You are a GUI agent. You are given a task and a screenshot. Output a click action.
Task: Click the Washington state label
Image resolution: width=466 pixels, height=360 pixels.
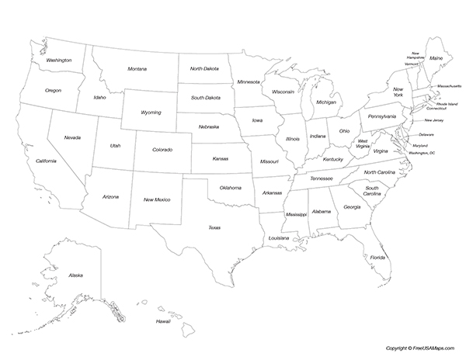(x=59, y=60)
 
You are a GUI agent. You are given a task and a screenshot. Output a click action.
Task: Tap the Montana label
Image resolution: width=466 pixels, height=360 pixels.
(x=137, y=69)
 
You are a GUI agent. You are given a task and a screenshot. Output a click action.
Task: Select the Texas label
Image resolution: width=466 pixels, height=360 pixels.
(x=214, y=227)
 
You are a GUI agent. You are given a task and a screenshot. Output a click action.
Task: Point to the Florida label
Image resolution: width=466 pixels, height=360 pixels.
(x=377, y=257)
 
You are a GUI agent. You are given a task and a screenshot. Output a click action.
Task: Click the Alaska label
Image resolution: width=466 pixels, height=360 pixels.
(x=75, y=275)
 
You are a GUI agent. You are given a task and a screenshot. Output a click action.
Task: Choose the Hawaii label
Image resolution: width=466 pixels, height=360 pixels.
(x=162, y=321)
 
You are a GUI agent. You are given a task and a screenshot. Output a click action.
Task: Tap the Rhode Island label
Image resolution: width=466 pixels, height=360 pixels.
(x=447, y=103)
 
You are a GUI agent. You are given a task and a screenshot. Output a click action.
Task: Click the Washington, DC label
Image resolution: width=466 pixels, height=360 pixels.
(x=422, y=153)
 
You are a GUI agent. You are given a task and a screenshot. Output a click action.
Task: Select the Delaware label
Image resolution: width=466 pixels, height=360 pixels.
(x=427, y=134)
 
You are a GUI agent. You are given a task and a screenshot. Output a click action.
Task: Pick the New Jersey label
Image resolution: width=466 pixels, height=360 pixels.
(x=434, y=120)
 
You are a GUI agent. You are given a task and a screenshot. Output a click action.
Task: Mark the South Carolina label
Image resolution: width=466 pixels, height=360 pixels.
(x=372, y=190)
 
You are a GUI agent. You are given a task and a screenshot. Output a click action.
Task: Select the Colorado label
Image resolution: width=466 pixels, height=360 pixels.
(x=162, y=150)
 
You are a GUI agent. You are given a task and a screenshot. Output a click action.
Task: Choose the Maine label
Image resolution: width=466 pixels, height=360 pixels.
(x=436, y=58)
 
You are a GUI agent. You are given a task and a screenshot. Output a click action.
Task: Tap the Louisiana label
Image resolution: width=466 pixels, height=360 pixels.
(x=279, y=237)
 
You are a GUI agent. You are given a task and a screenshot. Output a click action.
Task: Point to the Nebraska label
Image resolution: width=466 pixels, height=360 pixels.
(x=208, y=126)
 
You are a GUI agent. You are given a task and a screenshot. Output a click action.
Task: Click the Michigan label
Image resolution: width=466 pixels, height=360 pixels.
(x=326, y=102)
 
